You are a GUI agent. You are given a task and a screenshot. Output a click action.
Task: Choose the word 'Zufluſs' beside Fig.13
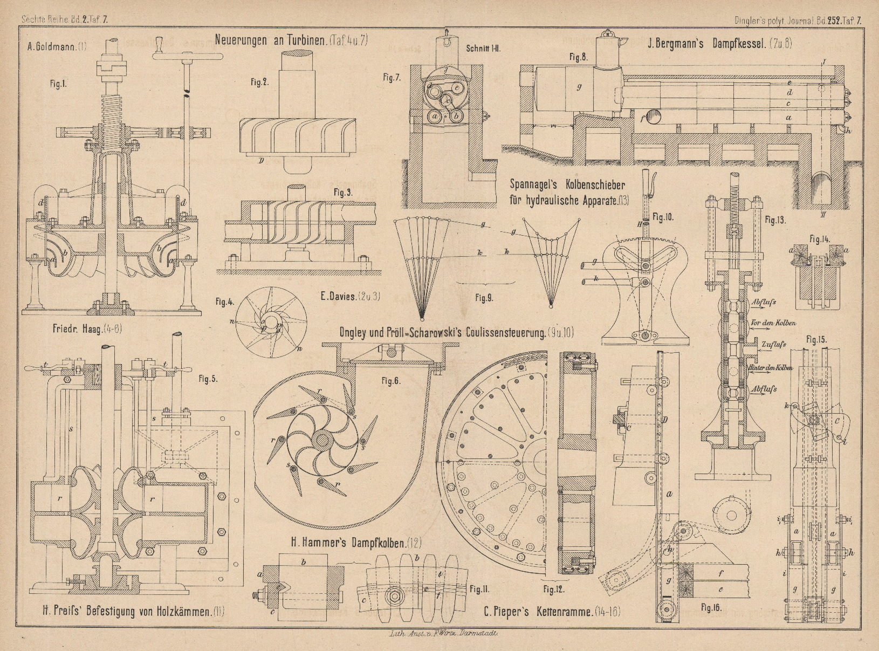point(774,344)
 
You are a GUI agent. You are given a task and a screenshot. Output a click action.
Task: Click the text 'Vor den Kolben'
point(773,323)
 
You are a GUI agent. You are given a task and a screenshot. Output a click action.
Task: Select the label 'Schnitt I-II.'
point(484,48)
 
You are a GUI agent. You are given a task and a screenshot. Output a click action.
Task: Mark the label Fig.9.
point(484,297)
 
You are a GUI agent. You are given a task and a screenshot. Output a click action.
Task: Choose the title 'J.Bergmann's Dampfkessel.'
point(720,44)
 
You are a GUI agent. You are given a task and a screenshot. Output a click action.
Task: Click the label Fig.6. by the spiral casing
point(391,381)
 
